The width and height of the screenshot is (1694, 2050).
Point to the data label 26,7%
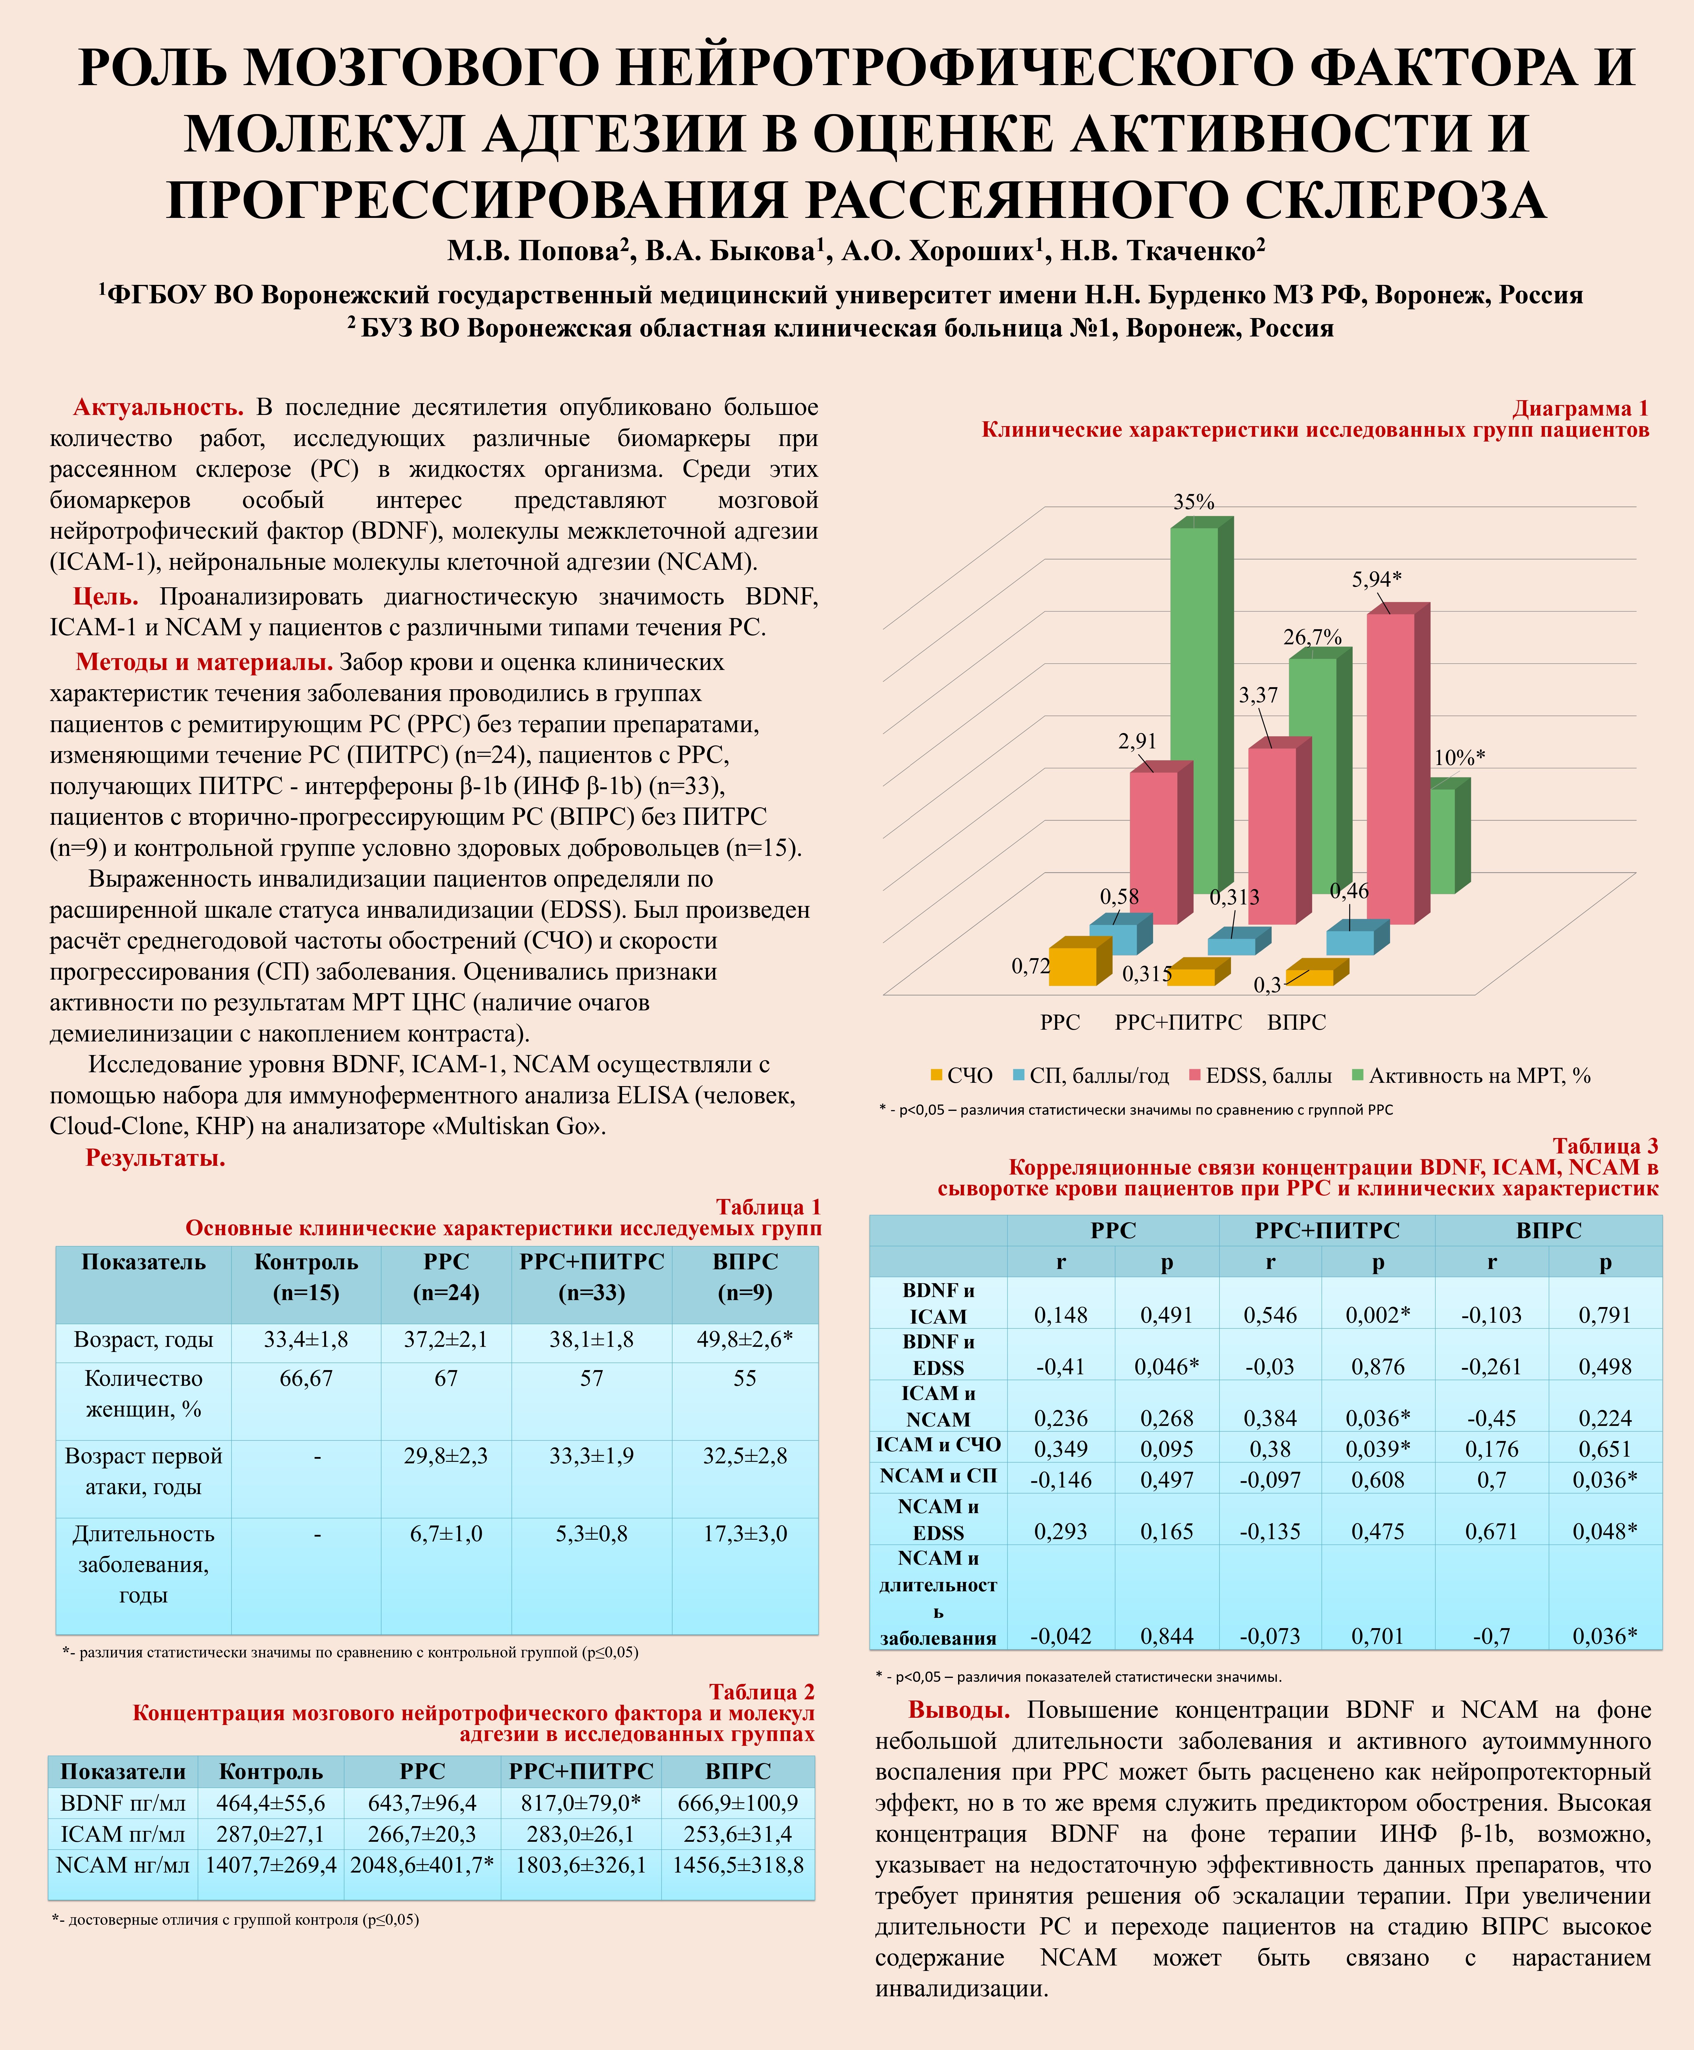click(1312, 637)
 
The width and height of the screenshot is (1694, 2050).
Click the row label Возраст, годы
click(143, 1340)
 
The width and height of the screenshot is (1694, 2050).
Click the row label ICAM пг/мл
click(123, 1834)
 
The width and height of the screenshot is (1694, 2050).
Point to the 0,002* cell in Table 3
click(1378, 1314)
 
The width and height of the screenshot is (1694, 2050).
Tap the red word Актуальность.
click(158, 407)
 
